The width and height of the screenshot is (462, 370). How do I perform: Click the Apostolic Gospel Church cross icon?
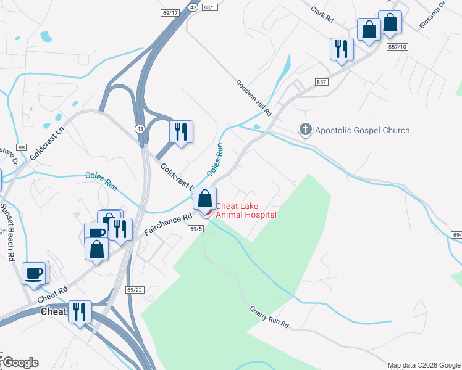click(x=305, y=130)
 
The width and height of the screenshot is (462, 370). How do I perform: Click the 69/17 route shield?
click(x=169, y=13)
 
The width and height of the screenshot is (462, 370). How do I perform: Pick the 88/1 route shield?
click(x=210, y=7)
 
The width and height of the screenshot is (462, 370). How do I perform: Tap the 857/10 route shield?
click(x=398, y=47)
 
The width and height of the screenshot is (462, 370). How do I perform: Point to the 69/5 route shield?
click(x=196, y=229)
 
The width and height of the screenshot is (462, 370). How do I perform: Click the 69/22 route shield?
click(x=134, y=290)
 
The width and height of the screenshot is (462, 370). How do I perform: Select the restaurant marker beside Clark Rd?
click(x=342, y=49)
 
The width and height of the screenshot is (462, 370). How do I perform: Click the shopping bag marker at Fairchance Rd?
click(x=205, y=198)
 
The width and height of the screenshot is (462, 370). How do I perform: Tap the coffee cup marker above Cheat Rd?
click(x=34, y=273)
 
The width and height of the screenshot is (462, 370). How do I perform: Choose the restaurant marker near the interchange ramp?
click(x=181, y=131)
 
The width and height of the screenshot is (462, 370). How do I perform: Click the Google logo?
click(x=20, y=363)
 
